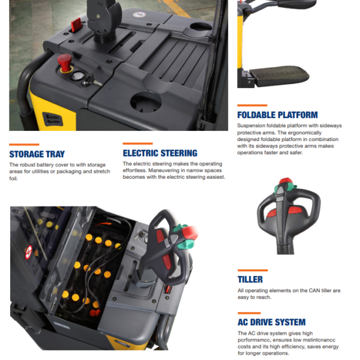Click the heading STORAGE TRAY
[x=37, y=154]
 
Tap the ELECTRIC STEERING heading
[x=160, y=153]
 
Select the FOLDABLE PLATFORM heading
[x=278, y=115]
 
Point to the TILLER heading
[x=250, y=280]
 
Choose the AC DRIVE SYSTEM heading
[x=272, y=322]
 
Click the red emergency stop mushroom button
[x=65, y=62]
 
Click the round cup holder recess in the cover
[x=146, y=103]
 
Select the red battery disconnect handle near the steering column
[x=76, y=25]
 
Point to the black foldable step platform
[x=280, y=76]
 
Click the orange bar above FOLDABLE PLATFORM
[x=253, y=106]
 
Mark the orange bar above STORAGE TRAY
[x=24, y=145]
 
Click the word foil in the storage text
[x=14, y=178]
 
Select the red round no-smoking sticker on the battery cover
[x=28, y=253]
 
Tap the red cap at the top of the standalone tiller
[x=285, y=181]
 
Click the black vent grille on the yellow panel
[x=53, y=119]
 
